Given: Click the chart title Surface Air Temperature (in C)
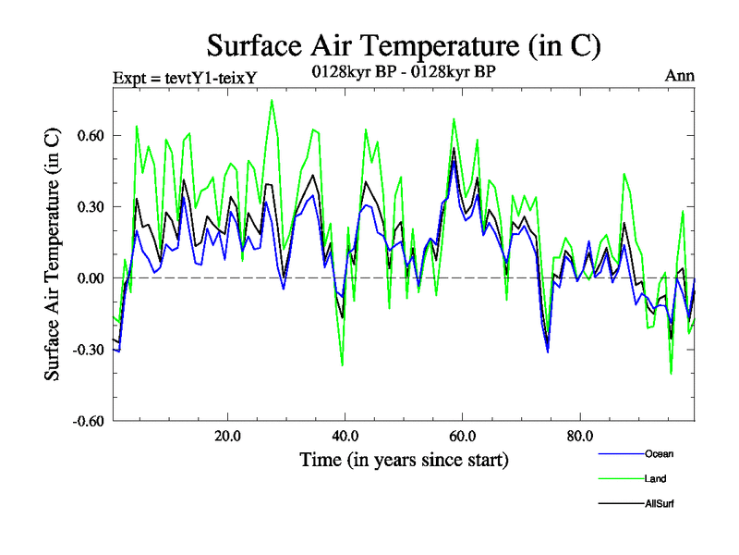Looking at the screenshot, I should (x=405, y=44).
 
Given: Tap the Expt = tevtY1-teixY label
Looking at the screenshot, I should (x=184, y=77).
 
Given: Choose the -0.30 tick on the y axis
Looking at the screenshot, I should (x=89, y=350).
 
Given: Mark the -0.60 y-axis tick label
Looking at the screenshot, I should (x=89, y=421).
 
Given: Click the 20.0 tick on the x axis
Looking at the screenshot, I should (x=227, y=436).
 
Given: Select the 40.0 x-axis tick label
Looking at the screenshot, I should (x=345, y=436).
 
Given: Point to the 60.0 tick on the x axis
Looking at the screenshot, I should (x=462, y=436).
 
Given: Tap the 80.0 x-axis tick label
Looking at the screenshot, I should (x=579, y=436).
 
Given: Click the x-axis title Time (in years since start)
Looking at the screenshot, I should (x=404, y=460).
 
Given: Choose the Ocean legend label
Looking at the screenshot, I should (x=659, y=454).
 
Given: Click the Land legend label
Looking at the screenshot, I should (x=655, y=479).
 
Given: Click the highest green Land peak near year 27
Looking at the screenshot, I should (x=272, y=100).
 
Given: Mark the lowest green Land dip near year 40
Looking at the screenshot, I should (x=343, y=365).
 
